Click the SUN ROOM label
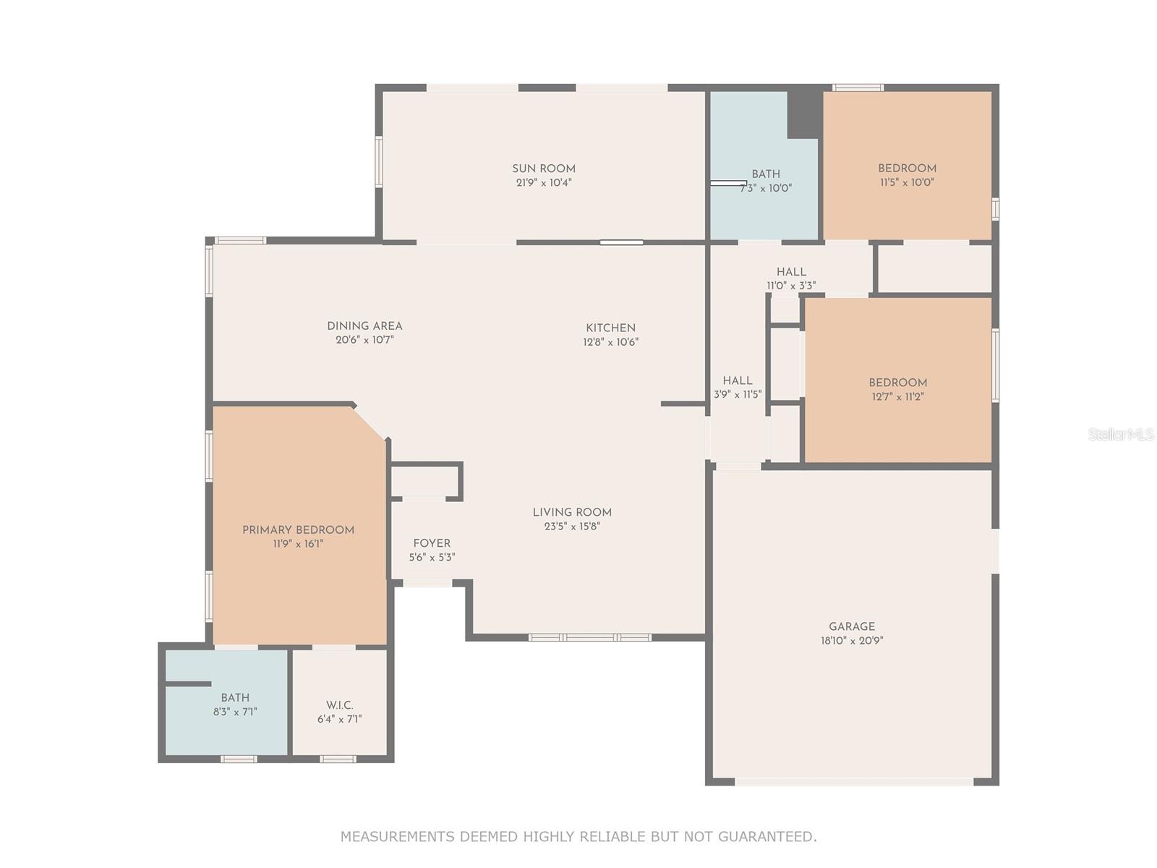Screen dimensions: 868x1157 (544, 169)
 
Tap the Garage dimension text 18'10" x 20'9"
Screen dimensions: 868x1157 (852, 641)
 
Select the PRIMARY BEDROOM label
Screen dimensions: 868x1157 (298, 530)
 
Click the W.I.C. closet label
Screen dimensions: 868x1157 (339, 705)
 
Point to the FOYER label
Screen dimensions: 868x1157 (432, 543)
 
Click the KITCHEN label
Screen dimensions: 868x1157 (610, 328)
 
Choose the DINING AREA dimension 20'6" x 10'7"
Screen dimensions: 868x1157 (364, 340)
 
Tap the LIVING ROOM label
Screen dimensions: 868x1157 (572, 512)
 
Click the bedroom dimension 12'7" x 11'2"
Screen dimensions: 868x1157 (897, 397)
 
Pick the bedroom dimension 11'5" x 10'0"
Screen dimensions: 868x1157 (907, 183)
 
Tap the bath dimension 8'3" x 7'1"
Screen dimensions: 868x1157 (235, 712)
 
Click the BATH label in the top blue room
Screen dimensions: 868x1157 (765, 174)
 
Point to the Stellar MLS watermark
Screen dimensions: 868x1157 (1120, 434)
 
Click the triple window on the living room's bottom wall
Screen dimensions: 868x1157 (589, 637)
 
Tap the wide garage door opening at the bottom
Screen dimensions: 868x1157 (854, 781)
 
